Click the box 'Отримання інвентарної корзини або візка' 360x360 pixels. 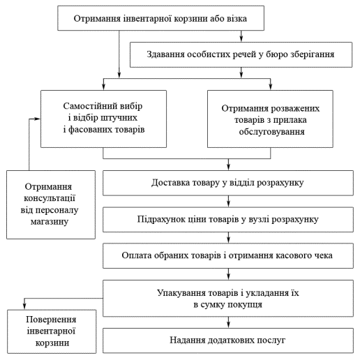(x=160, y=18)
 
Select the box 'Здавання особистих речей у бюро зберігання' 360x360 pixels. (x=241, y=54)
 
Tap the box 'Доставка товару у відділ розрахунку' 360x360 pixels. (x=228, y=183)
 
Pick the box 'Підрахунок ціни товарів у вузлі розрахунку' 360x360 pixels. (x=228, y=219)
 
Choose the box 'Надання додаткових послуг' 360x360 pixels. (x=228, y=340)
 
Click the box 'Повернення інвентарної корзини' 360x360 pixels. (x=52, y=331)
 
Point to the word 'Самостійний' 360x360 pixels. (x=90, y=106)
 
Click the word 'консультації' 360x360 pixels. (x=50, y=198)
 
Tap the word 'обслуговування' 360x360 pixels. (x=272, y=132)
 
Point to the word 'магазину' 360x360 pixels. (x=50, y=222)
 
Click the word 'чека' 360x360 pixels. (x=324, y=255)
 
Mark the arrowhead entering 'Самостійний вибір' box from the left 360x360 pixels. (x=37, y=119)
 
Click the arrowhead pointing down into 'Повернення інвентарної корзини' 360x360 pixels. (x=24, y=306)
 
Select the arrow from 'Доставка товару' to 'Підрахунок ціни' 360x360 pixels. (x=228, y=201)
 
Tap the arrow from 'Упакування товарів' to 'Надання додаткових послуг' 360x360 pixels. (x=228, y=322)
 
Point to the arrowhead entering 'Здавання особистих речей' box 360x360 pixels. (x=241, y=39)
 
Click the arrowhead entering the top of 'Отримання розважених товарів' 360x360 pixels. (x=270, y=87)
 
